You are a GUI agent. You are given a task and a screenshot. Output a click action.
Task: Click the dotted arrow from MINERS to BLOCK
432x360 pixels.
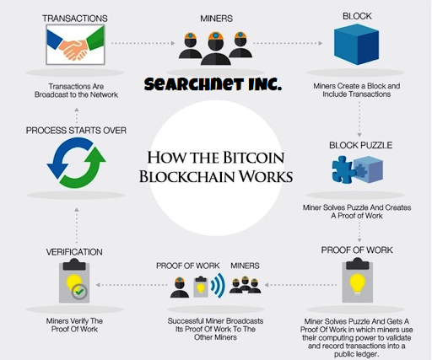pos(283,42)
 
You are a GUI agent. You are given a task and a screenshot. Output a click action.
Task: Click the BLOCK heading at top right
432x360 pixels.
pos(357,15)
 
